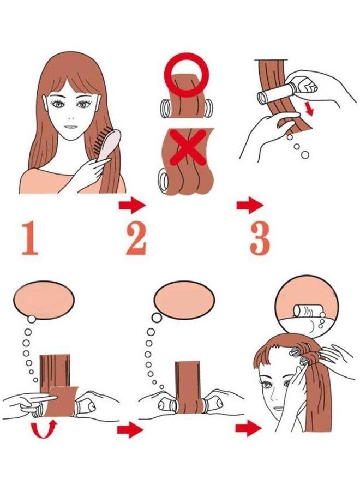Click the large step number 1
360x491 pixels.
point(31,238)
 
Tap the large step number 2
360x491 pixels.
point(136,238)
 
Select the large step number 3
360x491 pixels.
point(260,238)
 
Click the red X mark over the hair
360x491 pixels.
point(188,147)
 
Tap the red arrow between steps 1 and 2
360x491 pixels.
point(132,206)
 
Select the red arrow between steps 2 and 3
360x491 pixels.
point(250,206)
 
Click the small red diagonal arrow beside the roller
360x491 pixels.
point(309,109)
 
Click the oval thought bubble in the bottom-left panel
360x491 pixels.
point(44,300)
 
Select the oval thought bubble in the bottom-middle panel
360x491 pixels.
point(184,300)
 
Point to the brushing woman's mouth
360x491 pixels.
point(71,127)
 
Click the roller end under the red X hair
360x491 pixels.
point(164,180)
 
